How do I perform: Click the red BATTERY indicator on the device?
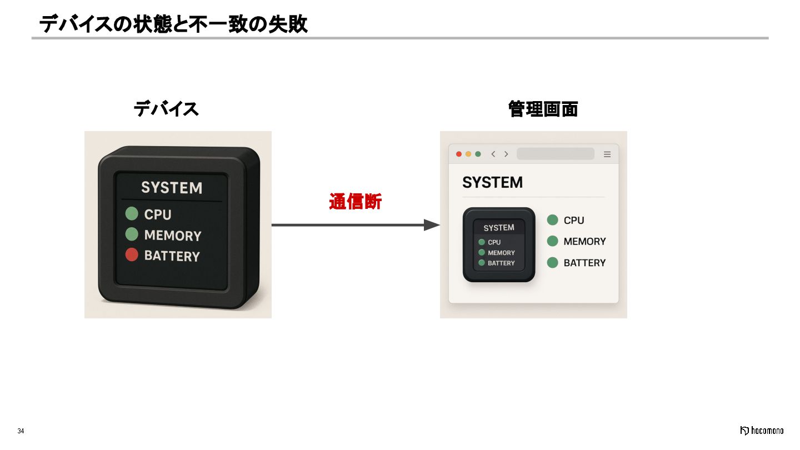click(x=132, y=255)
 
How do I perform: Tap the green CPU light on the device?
click(x=132, y=213)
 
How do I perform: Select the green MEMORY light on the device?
click(x=132, y=234)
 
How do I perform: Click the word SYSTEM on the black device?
click(x=171, y=188)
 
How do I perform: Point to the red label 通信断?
click(x=355, y=202)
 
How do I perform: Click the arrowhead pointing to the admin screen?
click(x=432, y=225)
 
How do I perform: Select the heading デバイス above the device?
click(x=166, y=109)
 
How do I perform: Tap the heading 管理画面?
click(x=543, y=109)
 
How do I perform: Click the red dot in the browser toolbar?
click(x=459, y=154)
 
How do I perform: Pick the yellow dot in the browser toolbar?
click(x=468, y=154)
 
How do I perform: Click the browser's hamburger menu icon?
click(x=607, y=154)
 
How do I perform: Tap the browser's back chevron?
click(x=493, y=154)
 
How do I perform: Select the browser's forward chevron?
click(x=506, y=154)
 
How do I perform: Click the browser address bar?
click(x=555, y=154)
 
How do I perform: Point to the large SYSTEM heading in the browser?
click(x=492, y=182)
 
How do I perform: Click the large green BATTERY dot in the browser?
click(x=552, y=262)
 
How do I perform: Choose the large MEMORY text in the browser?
click(x=584, y=242)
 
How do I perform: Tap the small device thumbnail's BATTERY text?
click(x=501, y=263)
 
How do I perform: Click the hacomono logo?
click(x=762, y=431)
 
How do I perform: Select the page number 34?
click(x=21, y=431)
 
